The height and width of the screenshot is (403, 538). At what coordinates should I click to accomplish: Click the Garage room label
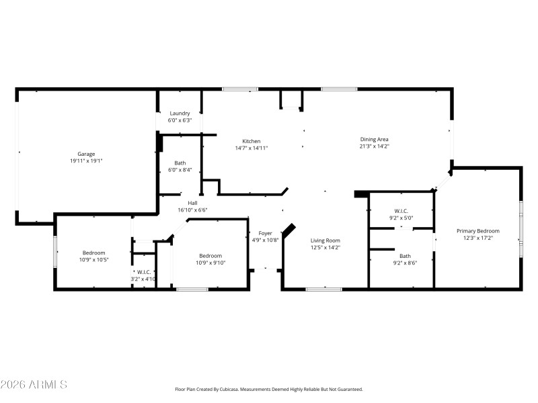tap(85, 154)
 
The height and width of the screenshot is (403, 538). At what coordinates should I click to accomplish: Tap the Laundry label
tap(180, 113)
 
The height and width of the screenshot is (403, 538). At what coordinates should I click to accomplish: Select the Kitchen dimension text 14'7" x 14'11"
tap(252, 148)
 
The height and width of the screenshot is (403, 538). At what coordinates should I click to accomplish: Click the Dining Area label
tap(374, 139)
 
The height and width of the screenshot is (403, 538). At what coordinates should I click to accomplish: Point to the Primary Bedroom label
tap(477, 230)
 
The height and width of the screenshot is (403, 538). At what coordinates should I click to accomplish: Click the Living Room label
tap(325, 240)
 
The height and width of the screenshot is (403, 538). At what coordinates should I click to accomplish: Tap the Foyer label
tap(265, 233)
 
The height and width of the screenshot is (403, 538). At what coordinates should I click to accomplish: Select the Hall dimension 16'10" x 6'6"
tap(192, 210)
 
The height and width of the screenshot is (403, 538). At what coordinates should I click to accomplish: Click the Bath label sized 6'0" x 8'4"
tap(180, 163)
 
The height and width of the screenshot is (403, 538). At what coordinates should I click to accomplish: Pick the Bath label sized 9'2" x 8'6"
tap(405, 255)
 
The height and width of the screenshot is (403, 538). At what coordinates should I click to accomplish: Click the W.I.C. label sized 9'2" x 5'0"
tap(401, 211)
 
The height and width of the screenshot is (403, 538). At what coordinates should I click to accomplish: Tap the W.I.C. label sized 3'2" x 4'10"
tap(143, 272)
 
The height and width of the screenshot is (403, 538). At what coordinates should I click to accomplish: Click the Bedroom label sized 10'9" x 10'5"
tap(93, 253)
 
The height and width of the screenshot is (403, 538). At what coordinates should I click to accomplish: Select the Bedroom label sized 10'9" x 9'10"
tap(210, 255)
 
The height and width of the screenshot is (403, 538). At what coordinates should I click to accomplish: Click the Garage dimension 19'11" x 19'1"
tap(85, 161)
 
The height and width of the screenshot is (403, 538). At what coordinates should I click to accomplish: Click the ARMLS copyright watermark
tap(34, 385)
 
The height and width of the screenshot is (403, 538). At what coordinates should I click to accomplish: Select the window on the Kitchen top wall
tap(240, 89)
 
